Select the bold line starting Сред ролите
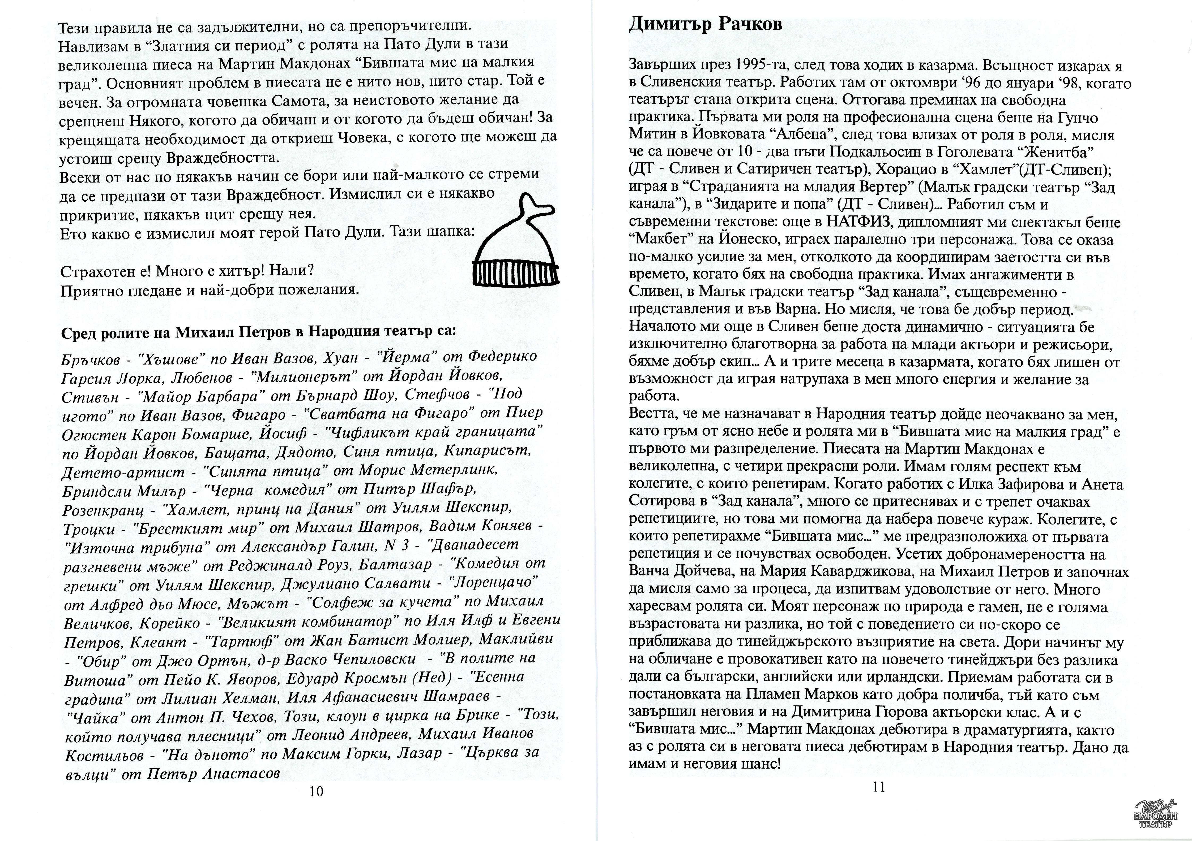(258, 332)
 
